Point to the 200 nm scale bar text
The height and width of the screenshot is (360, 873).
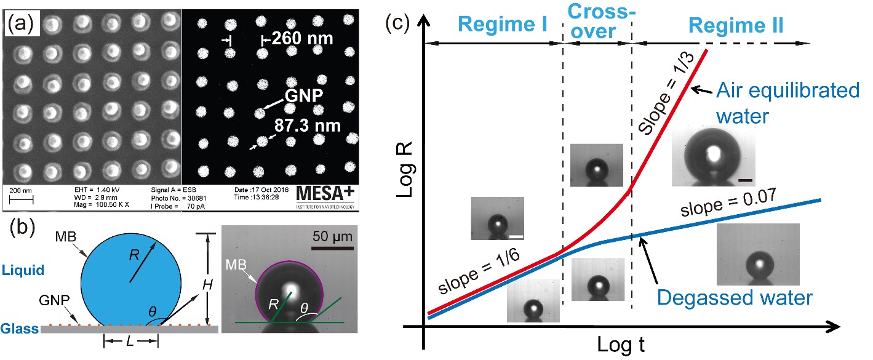(x=20, y=191)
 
